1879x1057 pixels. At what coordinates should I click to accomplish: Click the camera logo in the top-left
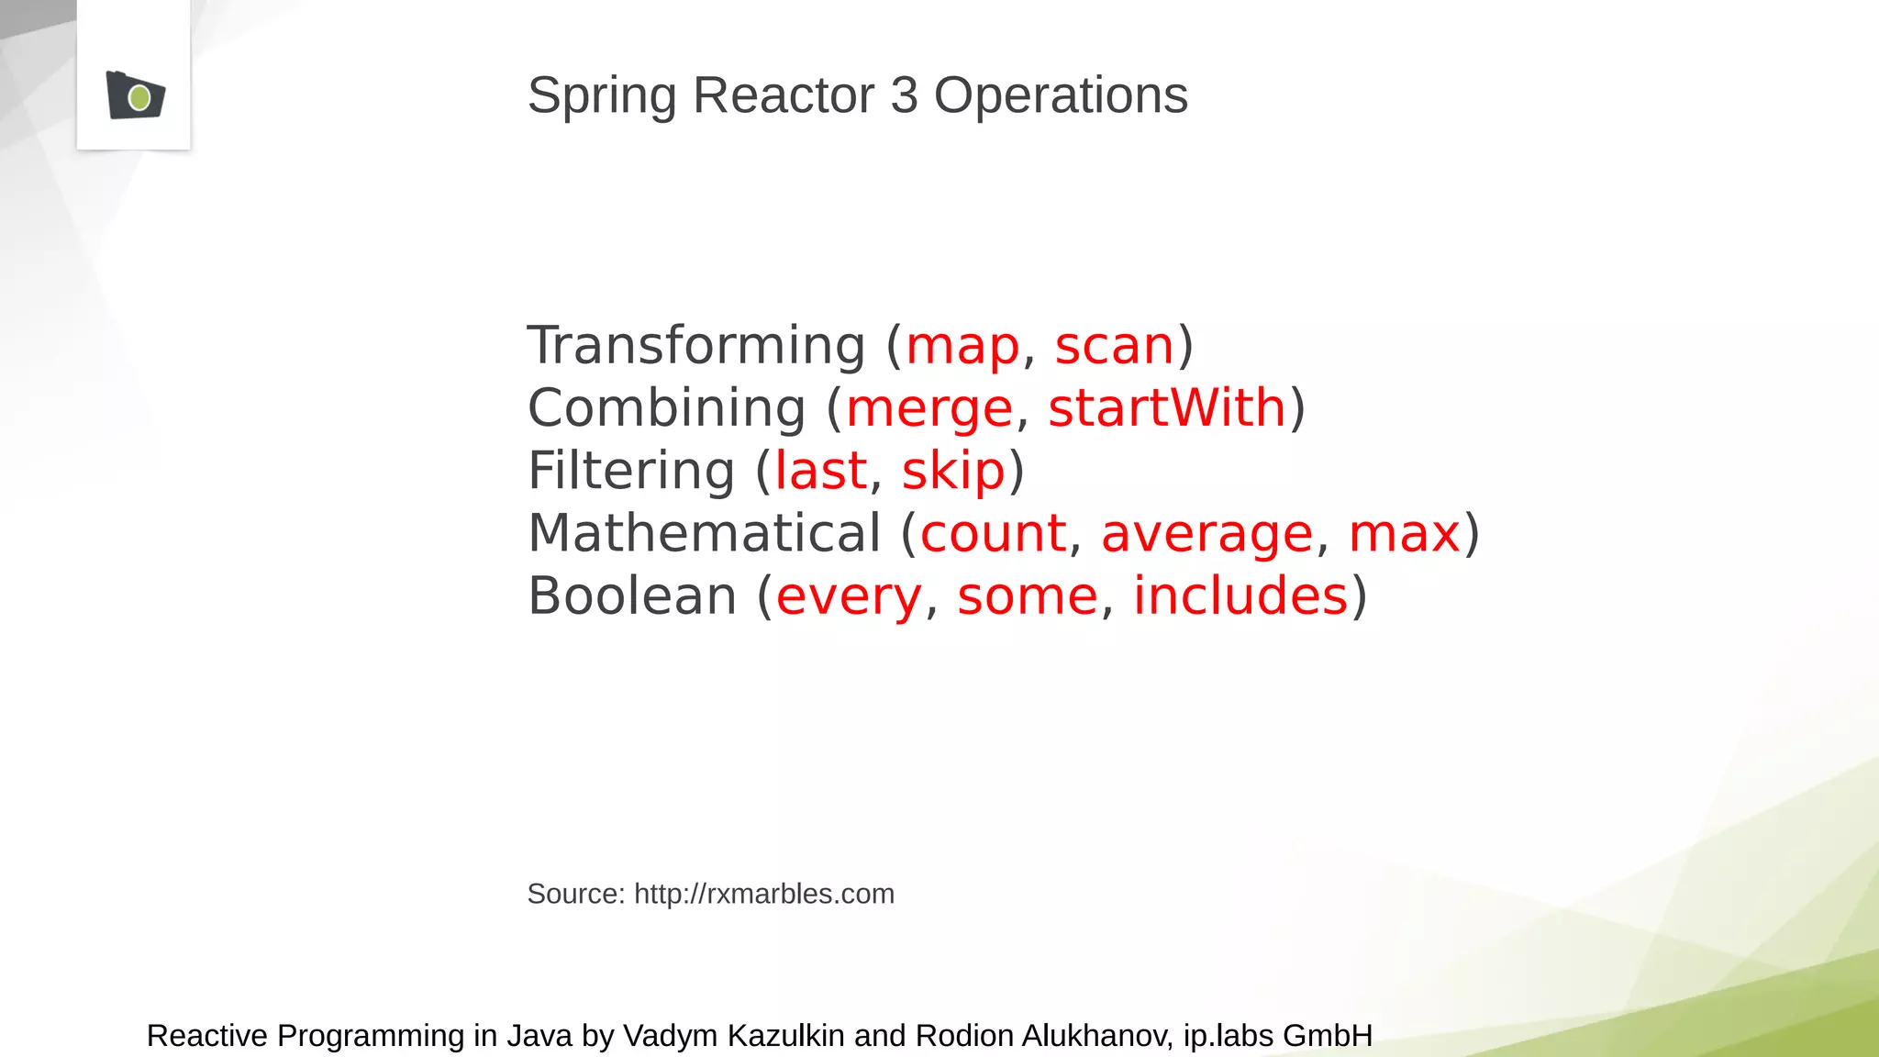click(135, 95)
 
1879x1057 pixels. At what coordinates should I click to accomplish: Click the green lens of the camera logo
click(139, 97)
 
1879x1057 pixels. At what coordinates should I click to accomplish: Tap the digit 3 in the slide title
click(904, 95)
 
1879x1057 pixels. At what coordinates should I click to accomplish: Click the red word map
click(962, 347)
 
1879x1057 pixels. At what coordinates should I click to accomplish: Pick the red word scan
click(1115, 347)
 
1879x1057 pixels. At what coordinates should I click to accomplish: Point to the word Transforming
click(696, 347)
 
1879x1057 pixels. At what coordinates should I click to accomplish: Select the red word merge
click(929, 409)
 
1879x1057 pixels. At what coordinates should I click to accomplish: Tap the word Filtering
click(631, 472)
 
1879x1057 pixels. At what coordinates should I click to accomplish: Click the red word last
click(820, 472)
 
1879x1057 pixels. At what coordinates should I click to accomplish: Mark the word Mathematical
click(705, 534)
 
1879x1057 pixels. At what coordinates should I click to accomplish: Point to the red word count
click(993, 534)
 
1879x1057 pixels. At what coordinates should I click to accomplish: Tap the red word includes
click(1240, 596)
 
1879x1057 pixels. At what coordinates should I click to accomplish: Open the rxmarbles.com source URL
click(763, 894)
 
